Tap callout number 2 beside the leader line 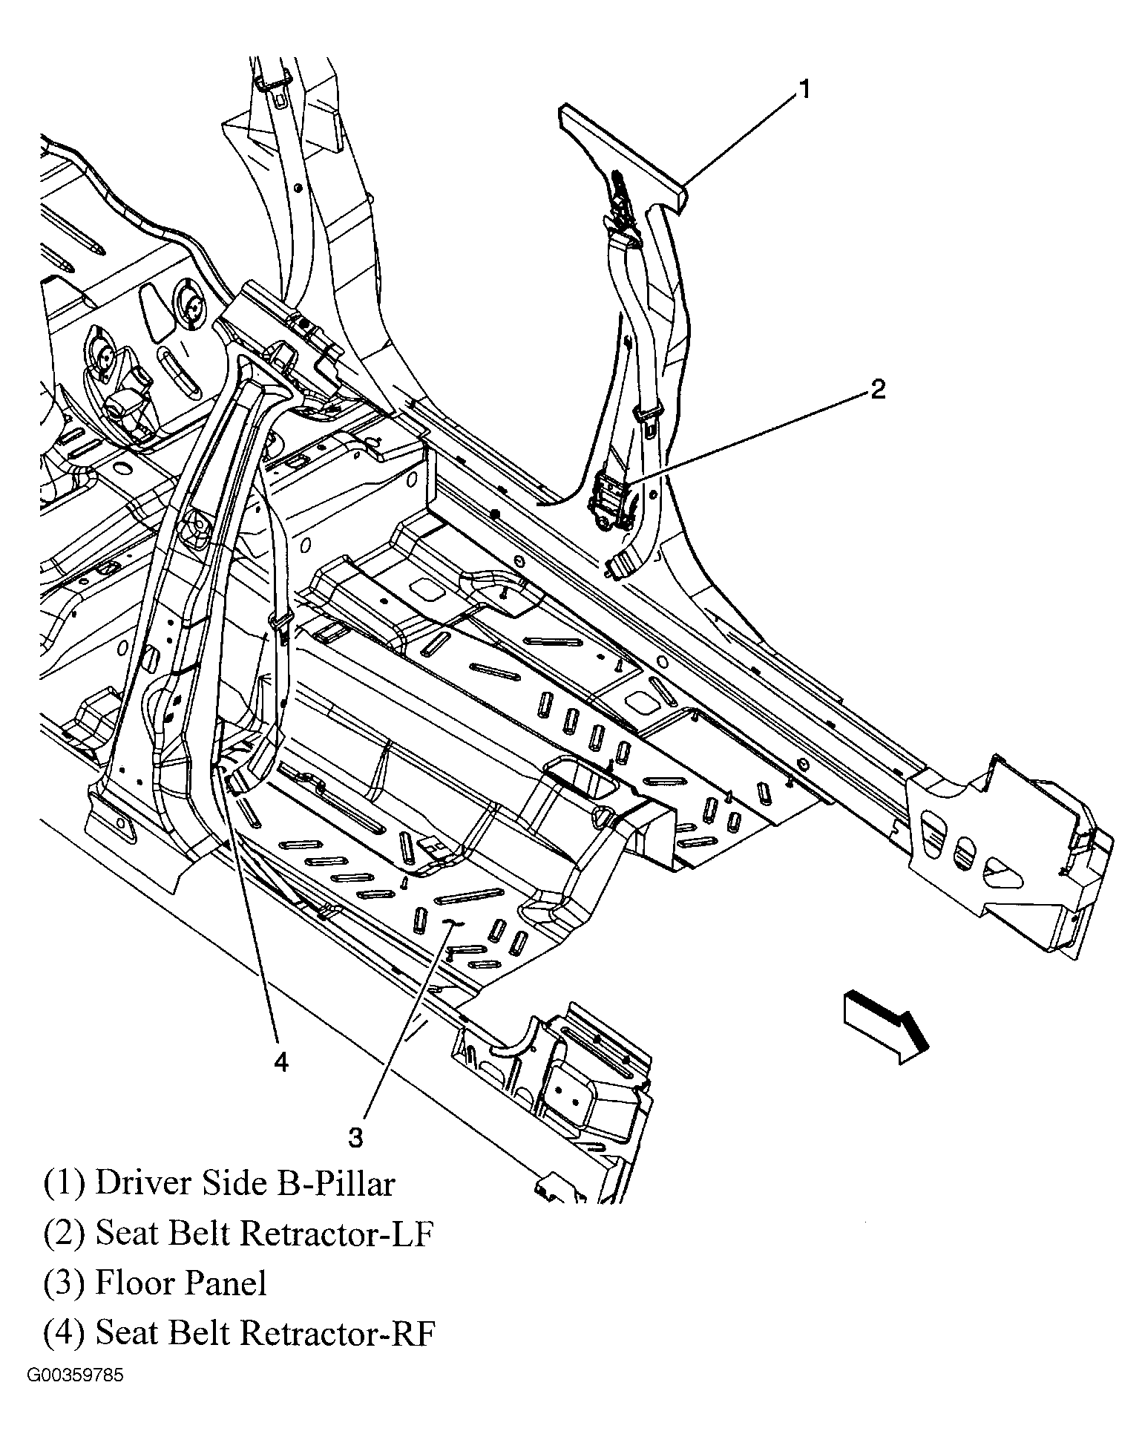point(877,389)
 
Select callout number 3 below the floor point(355,1138)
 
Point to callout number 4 point(280,1062)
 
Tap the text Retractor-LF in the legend point(337,1233)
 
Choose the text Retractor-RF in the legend point(338,1333)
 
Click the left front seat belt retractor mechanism point(610,505)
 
